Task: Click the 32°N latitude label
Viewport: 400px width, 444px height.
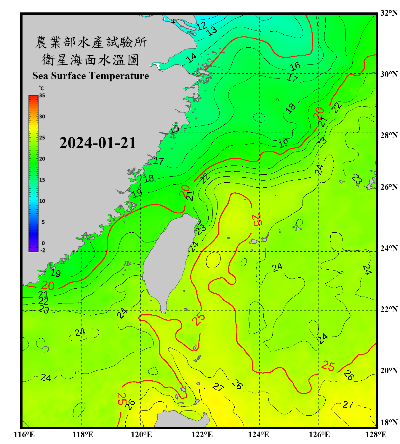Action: [389, 13]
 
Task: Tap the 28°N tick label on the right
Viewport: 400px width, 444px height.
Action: [389, 135]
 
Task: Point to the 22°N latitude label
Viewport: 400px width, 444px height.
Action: [389, 309]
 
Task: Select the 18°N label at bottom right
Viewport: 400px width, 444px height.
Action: [389, 422]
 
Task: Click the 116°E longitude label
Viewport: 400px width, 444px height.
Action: [24, 435]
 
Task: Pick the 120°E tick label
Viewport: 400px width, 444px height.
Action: [141, 435]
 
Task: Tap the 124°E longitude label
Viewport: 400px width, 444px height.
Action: [259, 435]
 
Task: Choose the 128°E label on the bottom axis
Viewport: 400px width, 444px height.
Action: [376, 435]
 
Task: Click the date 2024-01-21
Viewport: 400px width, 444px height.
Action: [97, 143]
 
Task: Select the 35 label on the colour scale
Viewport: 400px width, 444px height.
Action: [42, 95]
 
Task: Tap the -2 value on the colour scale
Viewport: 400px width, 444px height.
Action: [43, 250]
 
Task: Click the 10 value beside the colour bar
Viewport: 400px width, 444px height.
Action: [42, 201]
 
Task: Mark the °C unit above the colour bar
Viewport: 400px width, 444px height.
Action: [41, 88]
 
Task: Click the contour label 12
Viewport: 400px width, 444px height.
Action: [201, 26]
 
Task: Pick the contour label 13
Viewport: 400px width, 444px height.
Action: [212, 31]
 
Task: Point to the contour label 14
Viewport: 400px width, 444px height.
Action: [191, 58]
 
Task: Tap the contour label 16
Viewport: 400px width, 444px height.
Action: [295, 66]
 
